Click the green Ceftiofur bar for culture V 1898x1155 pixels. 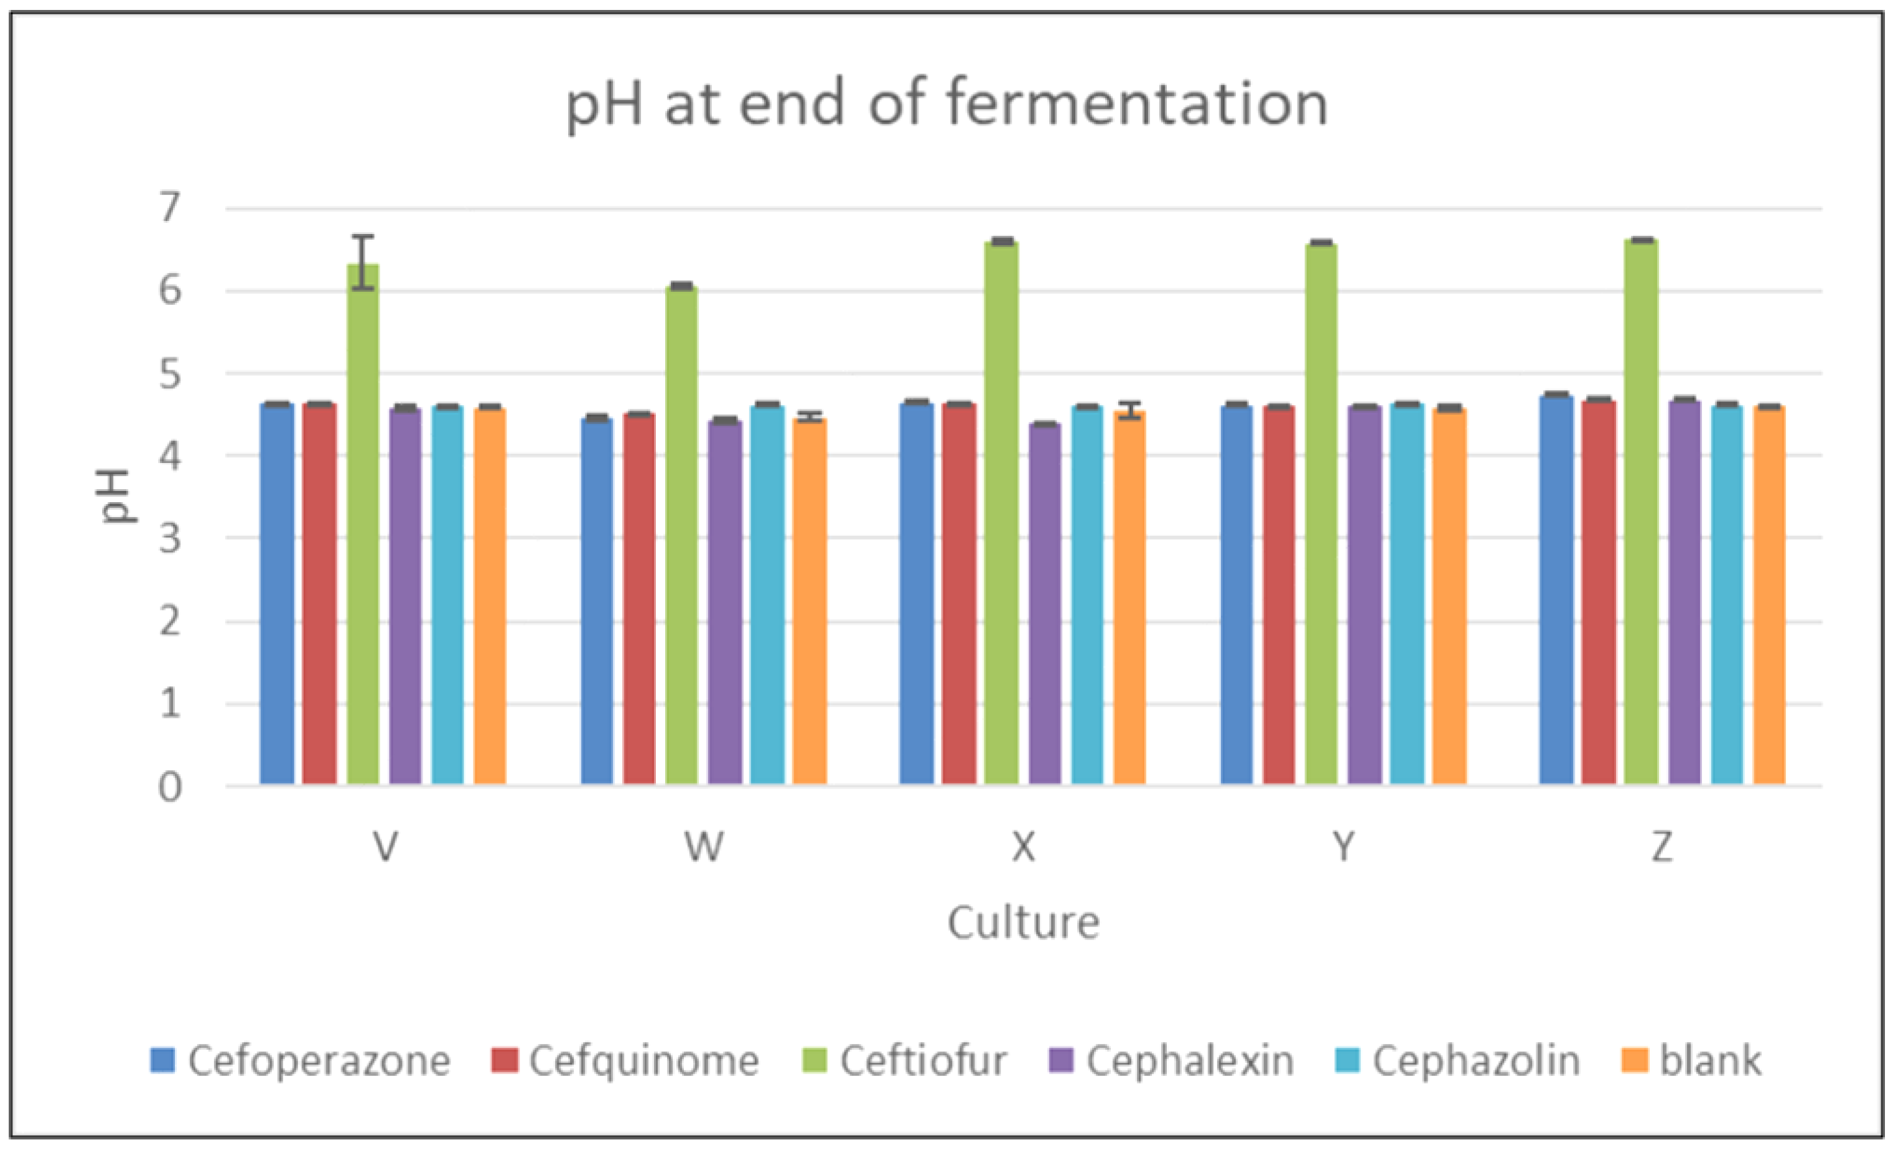[363, 524]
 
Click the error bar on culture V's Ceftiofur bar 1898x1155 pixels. [363, 262]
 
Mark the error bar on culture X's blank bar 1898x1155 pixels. [1129, 410]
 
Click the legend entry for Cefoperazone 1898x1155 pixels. [301, 1061]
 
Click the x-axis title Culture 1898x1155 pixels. [1023, 922]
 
